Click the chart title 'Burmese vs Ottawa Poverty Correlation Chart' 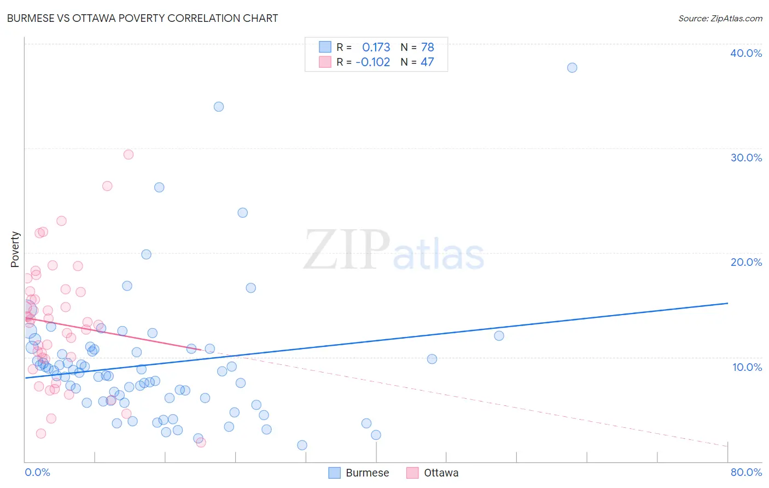click(142, 18)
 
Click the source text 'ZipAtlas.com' click(736, 18)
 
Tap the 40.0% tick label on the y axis click(745, 53)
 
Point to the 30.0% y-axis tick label click(745, 158)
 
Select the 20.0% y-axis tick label click(745, 262)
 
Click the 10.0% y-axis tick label click(747, 367)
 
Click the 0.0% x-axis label click(37, 472)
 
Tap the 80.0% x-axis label click(746, 472)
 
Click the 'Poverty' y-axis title click(15, 249)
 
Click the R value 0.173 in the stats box click(376, 47)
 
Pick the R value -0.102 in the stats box click(372, 62)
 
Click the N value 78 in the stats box click(427, 47)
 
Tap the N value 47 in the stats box click(427, 62)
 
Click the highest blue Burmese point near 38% click(572, 68)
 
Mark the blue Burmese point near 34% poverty click(219, 107)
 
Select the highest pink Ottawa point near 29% click(129, 154)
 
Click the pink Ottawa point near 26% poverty click(107, 186)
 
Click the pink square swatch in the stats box click(325, 62)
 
